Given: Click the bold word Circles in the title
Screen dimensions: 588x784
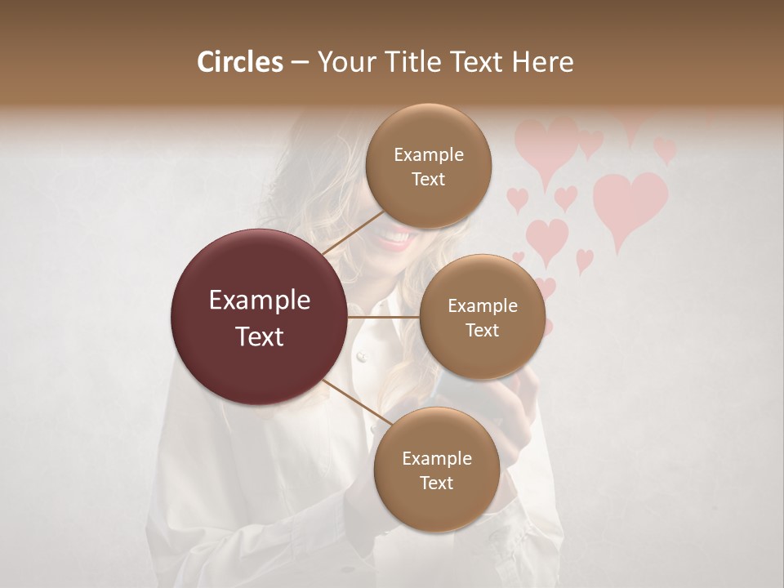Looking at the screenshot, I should tap(240, 62).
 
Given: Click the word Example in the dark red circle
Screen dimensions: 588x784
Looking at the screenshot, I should tap(260, 301).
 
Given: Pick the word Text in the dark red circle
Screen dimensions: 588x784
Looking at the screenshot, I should tap(260, 336).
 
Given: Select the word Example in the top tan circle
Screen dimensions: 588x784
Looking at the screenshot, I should tap(429, 155).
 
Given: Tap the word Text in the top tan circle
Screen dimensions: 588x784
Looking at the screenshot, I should tap(429, 180).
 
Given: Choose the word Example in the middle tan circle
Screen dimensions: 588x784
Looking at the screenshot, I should tap(483, 306).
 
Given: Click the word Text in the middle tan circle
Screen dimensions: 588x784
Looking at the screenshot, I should tap(483, 330).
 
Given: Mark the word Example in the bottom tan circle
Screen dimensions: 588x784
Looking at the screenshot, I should tap(437, 459).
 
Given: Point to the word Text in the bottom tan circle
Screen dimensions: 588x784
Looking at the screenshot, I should tap(437, 483).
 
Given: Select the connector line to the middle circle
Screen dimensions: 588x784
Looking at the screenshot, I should tap(384, 317).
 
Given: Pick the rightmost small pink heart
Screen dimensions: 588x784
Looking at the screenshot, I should tap(665, 150).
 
